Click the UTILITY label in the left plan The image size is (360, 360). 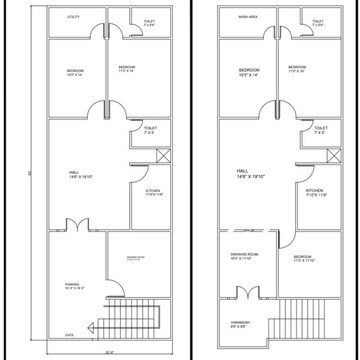pos(73,18)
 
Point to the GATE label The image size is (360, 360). pos(70,334)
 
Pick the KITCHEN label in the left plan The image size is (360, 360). pos(153,192)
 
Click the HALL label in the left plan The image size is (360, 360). pos(74,174)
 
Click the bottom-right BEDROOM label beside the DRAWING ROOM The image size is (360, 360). pos(304,258)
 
